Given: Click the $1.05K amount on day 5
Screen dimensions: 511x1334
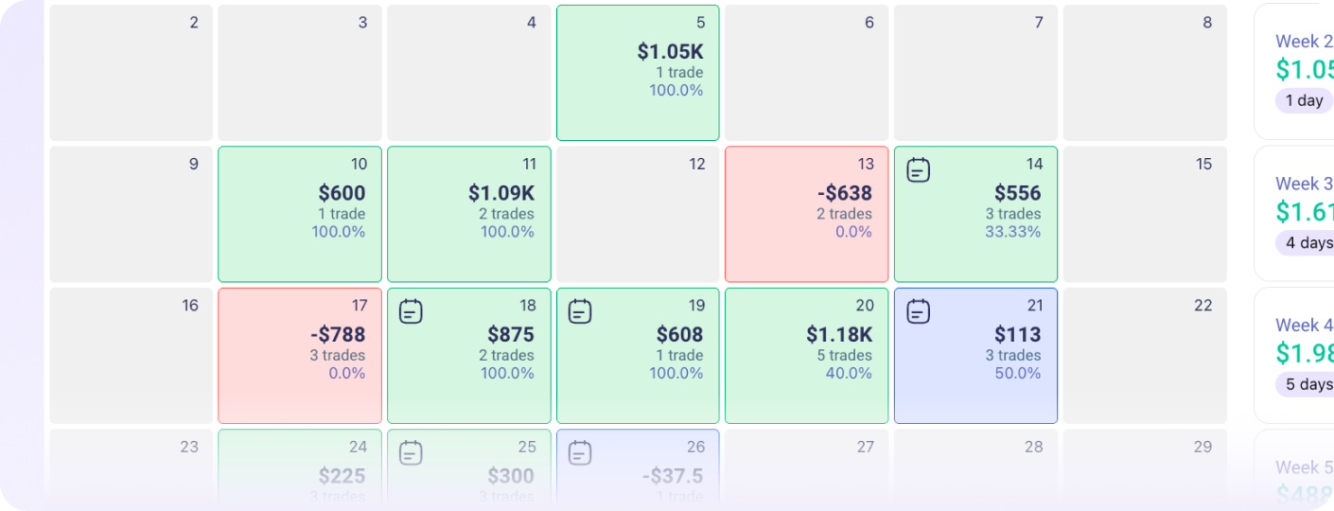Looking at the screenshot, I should pyautogui.click(x=670, y=52).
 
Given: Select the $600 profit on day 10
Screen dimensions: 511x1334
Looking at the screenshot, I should pyautogui.click(x=342, y=193).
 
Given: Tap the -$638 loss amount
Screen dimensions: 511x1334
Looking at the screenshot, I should pyautogui.click(x=844, y=193).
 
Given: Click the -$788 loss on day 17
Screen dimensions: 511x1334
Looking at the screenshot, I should pyautogui.click(x=338, y=335).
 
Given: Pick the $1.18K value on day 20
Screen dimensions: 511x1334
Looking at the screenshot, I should pyautogui.click(x=839, y=335).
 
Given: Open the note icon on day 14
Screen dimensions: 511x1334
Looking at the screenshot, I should pyautogui.click(x=918, y=170).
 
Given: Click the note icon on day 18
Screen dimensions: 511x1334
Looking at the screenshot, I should pyautogui.click(x=411, y=311).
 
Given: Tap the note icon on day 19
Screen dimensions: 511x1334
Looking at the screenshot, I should pyautogui.click(x=580, y=311).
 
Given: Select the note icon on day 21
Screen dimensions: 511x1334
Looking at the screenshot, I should pyautogui.click(x=918, y=311).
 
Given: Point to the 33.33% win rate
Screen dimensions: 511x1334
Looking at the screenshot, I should pyautogui.click(x=1012, y=232).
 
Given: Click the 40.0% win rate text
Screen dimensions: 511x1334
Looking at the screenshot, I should pyautogui.click(x=849, y=374).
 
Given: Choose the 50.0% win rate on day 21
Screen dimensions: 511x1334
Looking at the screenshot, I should pyautogui.click(x=1017, y=374).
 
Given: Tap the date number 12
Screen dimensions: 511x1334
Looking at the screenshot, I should pyautogui.click(x=697, y=165).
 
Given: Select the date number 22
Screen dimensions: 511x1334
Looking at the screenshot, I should pyautogui.click(x=1202, y=306).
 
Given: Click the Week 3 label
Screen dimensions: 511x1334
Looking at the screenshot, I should pyautogui.click(x=1304, y=184).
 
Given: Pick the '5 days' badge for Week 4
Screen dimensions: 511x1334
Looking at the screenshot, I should pyautogui.click(x=1306, y=384).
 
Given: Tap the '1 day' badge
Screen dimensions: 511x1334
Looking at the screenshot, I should pyautogui.click(x=1304, y=100).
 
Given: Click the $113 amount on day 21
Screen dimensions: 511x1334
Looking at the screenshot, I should pyautogui.click(x=1017, y=335).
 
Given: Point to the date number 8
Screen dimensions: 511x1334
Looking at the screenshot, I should pyautogui.click(x=1206, y=23).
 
